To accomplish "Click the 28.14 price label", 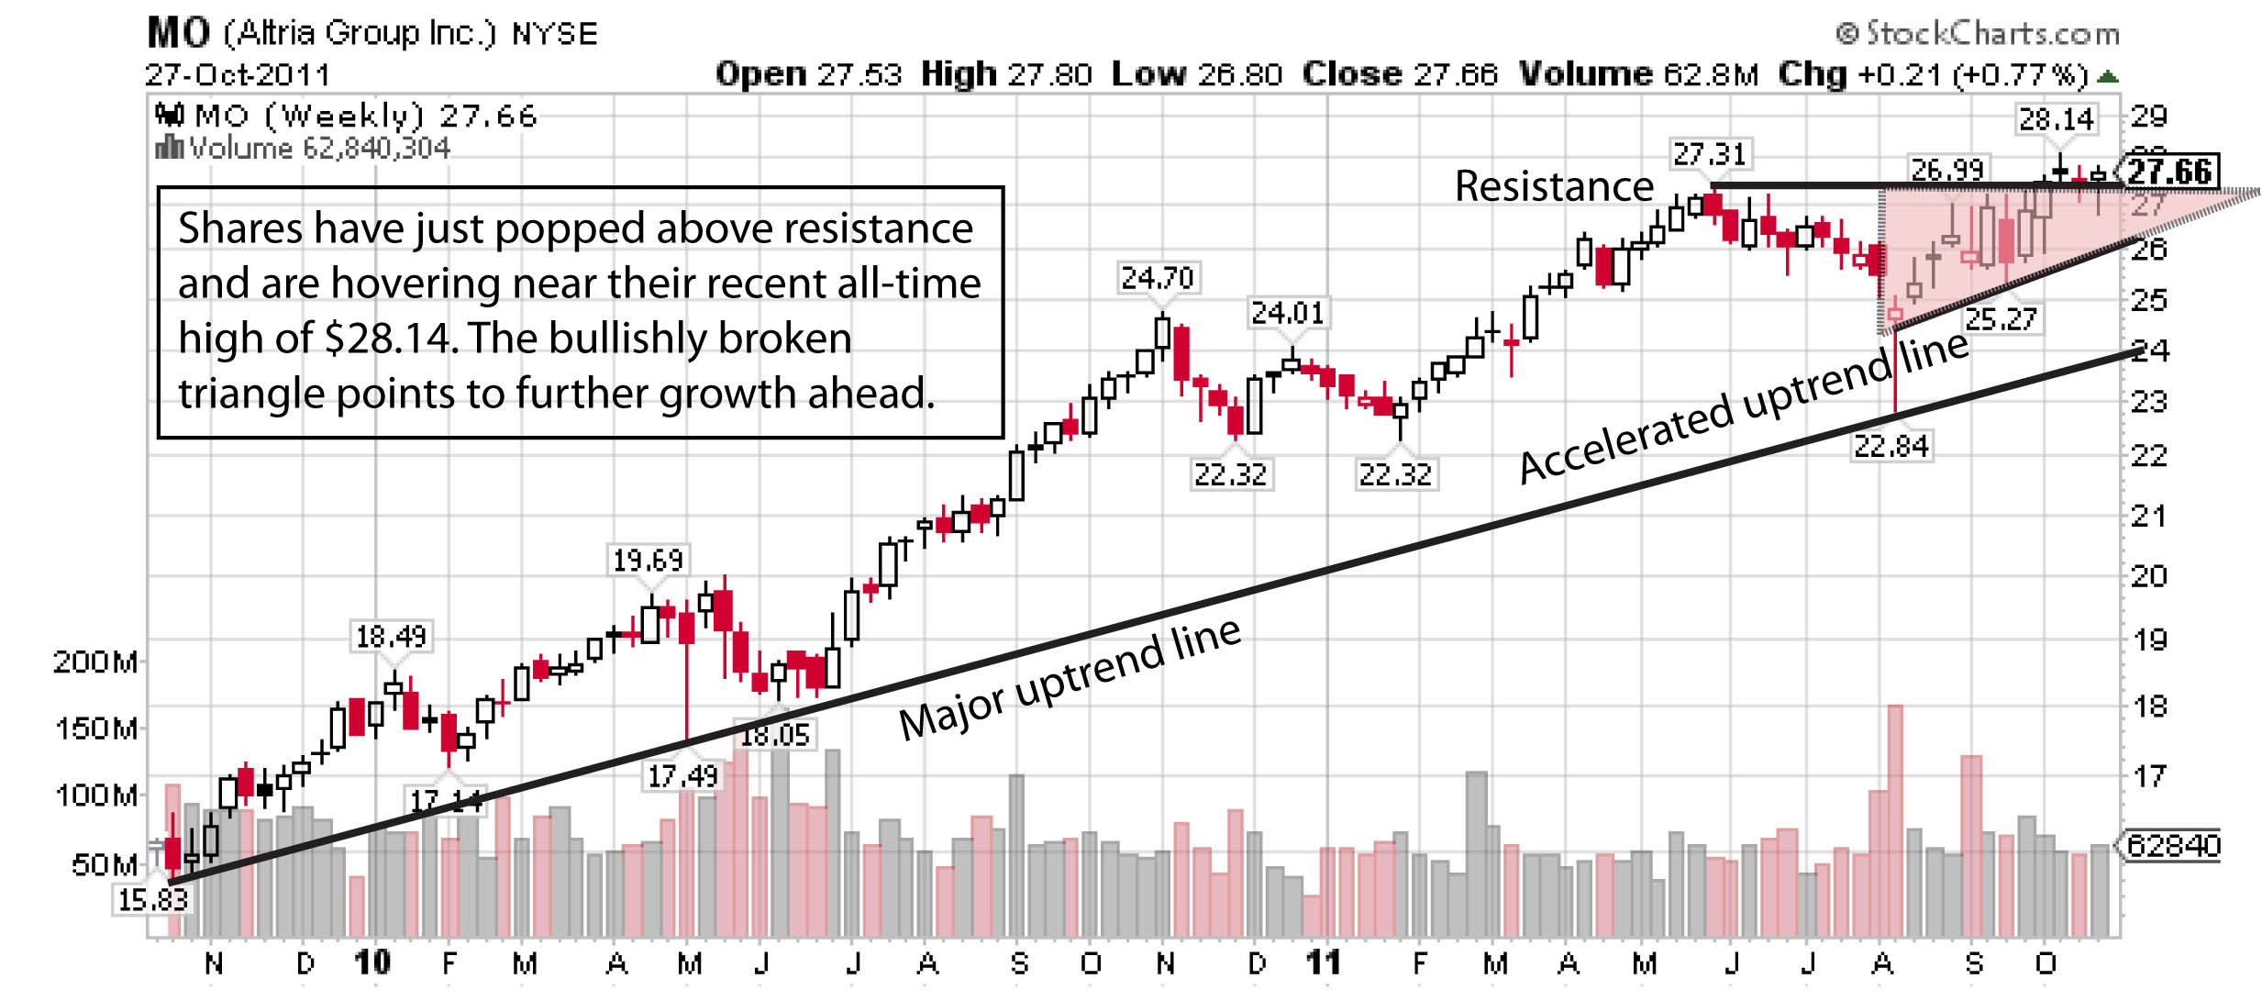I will (x=2057, y=119).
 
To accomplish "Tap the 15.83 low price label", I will (x=152, y=900).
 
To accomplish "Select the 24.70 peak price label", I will (x=1158, y=278).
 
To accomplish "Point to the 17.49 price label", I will (x=683, y=777).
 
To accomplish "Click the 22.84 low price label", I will (x=1891, y=447).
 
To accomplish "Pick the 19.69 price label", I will (x=648, y=560).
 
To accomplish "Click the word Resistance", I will (x=1554, y=187).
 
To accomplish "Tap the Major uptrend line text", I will (x=1070, y=678).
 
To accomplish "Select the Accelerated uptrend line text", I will (x=1743, y=407).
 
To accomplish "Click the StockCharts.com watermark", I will (x=1979, y=34).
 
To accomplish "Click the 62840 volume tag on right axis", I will (x=2172, y=845).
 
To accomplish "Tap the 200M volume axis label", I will (x=95, y=662).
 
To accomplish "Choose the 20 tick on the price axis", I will (x=2149, y=576).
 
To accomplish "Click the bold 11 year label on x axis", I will (x=1324, y=962).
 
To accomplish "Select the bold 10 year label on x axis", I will (x=372, y=962).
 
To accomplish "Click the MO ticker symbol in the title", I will (x=179, y=34).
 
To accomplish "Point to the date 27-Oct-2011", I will (x=238, y=75).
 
